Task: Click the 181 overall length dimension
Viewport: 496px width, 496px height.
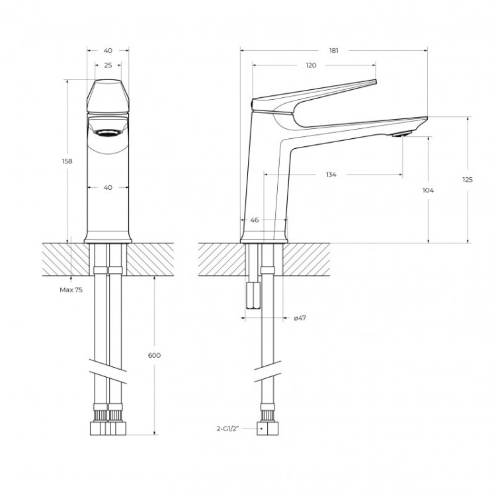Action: tap(334, 50)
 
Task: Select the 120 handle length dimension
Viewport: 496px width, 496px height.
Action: tap(311, 65)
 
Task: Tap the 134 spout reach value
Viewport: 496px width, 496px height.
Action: tap(331, 175)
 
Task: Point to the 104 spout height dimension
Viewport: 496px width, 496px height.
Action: tap(428, 190)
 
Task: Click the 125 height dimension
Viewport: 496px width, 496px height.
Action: tap(468, 179)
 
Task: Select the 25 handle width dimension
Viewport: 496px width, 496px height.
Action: tap(108, 65)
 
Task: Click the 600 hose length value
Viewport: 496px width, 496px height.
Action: tap(154, 355)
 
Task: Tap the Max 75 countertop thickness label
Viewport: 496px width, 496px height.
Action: tap(71, 290)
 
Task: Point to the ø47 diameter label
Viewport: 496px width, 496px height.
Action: tap(300, 318)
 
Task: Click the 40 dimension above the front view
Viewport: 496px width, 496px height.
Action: tap(108, 50)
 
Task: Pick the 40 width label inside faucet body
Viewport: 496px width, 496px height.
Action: tap(108, 187)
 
